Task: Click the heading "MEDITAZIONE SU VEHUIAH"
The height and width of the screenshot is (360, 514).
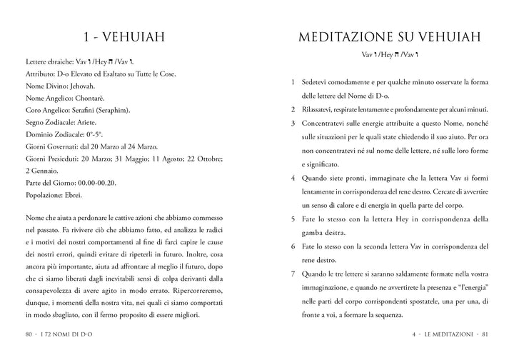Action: click(x=389, y=36)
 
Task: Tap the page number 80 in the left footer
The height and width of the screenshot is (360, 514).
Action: click(x=29, y=334)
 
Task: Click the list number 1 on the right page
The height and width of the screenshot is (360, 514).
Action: click(x=293, y=82)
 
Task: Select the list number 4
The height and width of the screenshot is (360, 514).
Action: click(x=293, y=179)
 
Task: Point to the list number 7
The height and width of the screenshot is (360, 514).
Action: click(x=293, y=274)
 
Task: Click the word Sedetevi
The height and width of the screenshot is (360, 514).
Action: click(x=318, y=82)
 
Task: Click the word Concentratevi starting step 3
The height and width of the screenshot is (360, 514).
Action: click(x=326, y=123)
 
